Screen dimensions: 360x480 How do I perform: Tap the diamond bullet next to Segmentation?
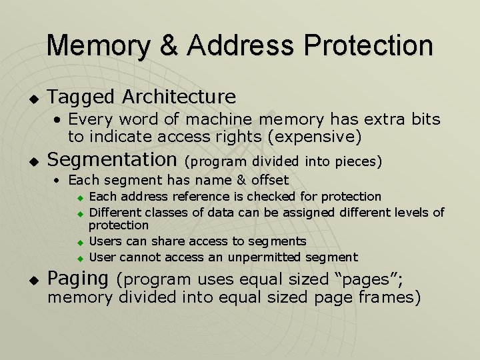[30, 161]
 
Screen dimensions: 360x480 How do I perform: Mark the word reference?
[211, 197]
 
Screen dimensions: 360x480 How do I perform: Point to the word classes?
[169, 212]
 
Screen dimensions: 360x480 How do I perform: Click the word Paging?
[77, 278]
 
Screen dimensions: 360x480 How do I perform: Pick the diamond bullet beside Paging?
[30, 280]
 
